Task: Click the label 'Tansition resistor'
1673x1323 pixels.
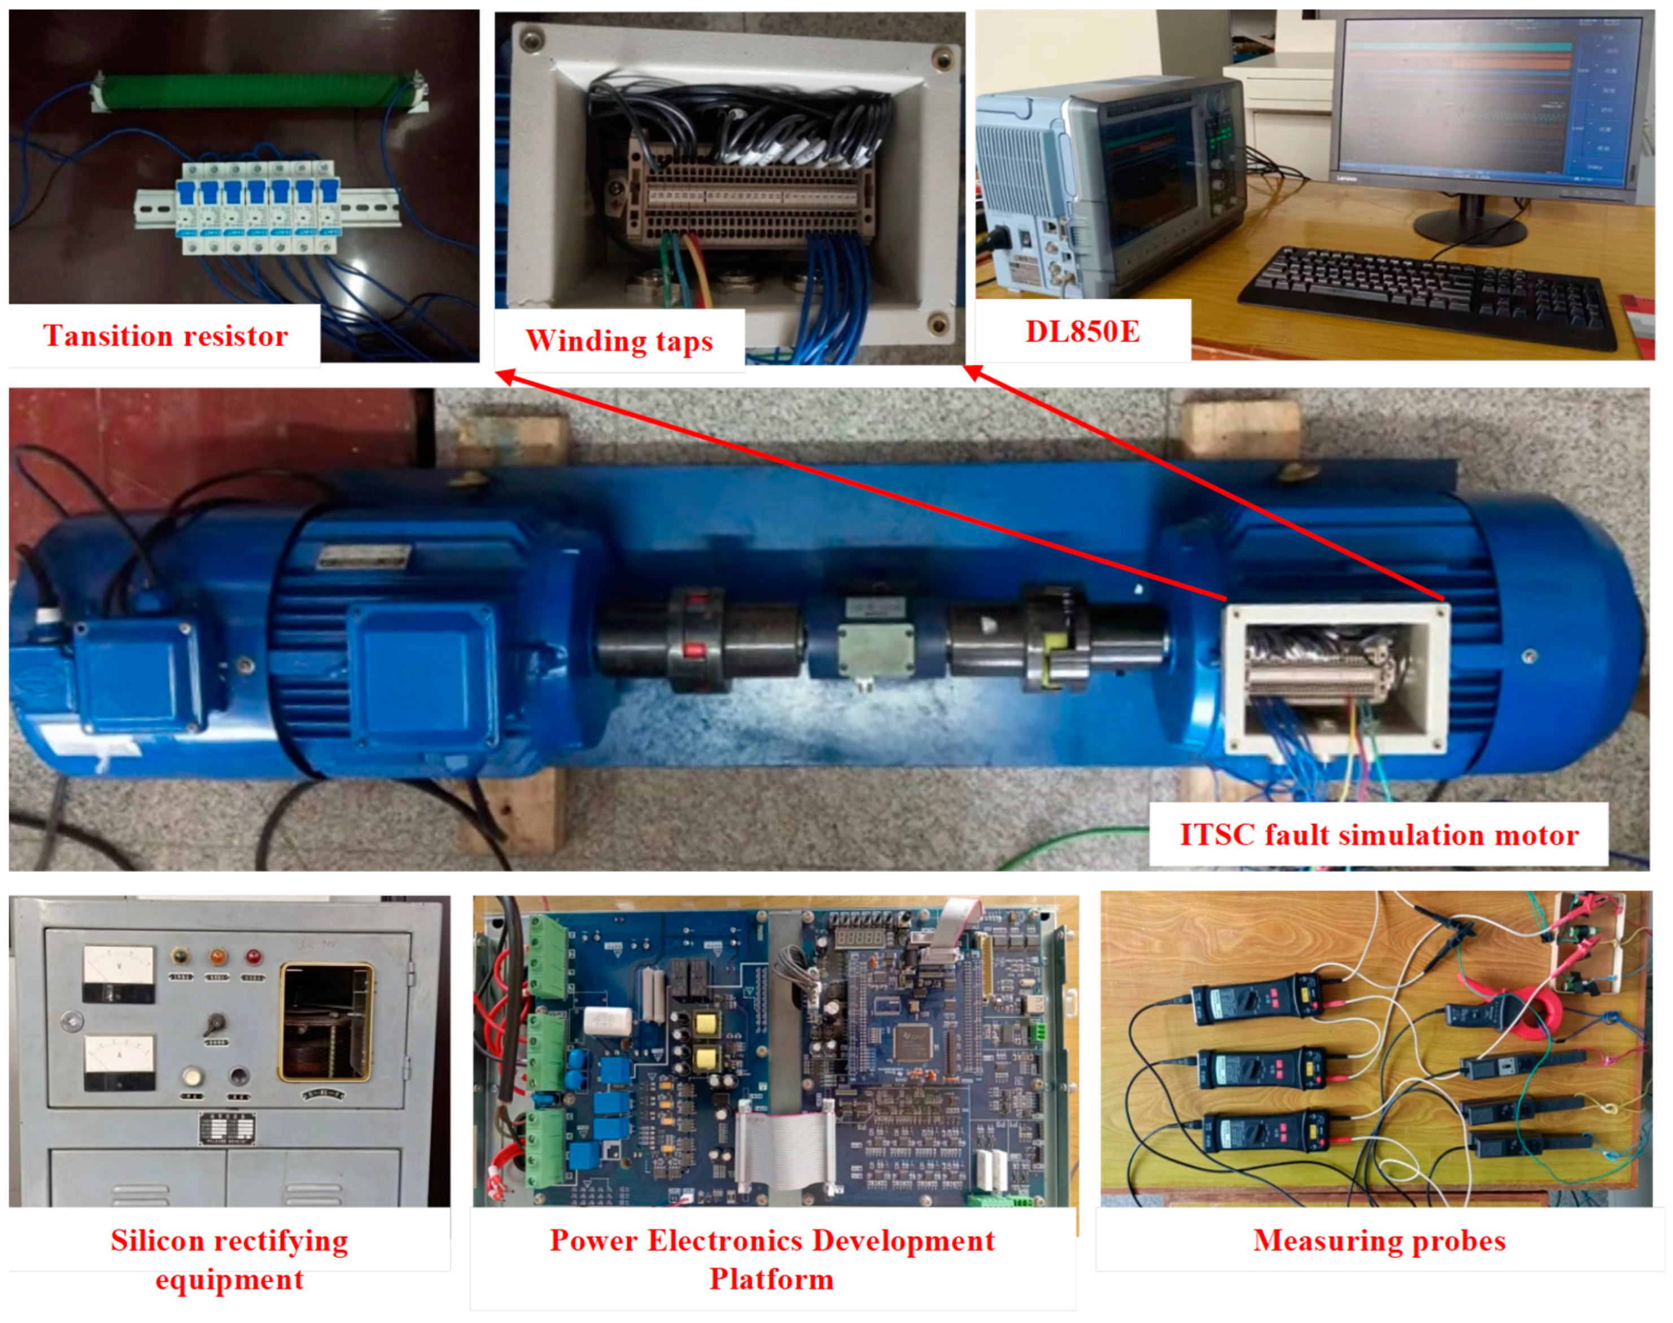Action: click(165, 335)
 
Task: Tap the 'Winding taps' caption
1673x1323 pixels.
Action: click(619, 341)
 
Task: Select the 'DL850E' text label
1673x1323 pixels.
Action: click(1082, 331)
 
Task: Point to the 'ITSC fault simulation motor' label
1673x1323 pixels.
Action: click(1379, 835)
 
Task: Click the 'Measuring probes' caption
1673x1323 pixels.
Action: click(1379, 1240)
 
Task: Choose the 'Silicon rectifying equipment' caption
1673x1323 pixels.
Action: click(229, 1259)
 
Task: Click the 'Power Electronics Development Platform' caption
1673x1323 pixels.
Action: click(772, 1259)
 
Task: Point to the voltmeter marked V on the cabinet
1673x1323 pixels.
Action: click(118, 973)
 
